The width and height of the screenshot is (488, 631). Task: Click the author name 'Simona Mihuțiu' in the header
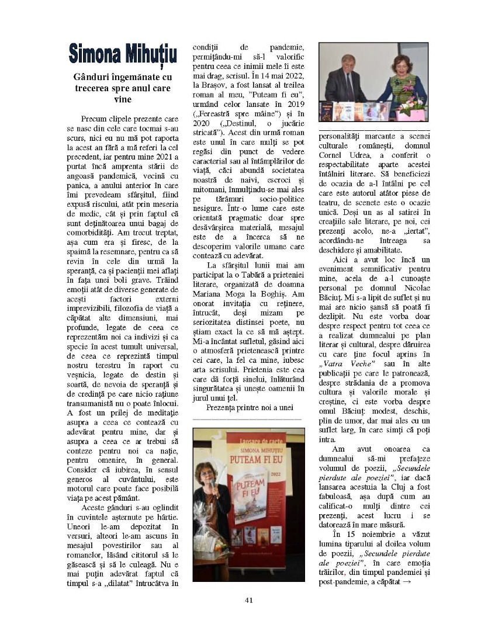pos(123,52)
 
